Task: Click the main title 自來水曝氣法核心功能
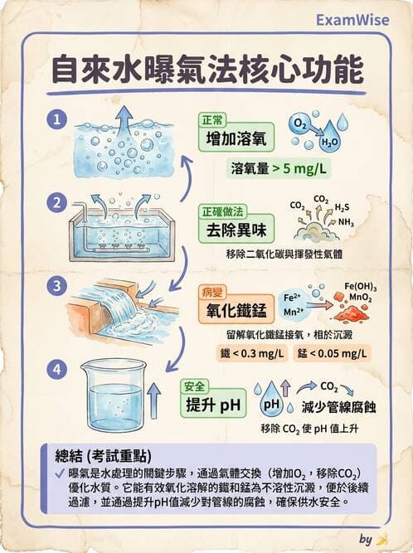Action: [206, 70]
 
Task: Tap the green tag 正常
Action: [212, 119]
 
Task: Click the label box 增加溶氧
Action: [235, 139]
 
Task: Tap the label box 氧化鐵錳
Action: [236, 312]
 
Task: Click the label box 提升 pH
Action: [215, 405]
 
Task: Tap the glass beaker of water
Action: [112, 395]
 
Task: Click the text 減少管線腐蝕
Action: [339, 407]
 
